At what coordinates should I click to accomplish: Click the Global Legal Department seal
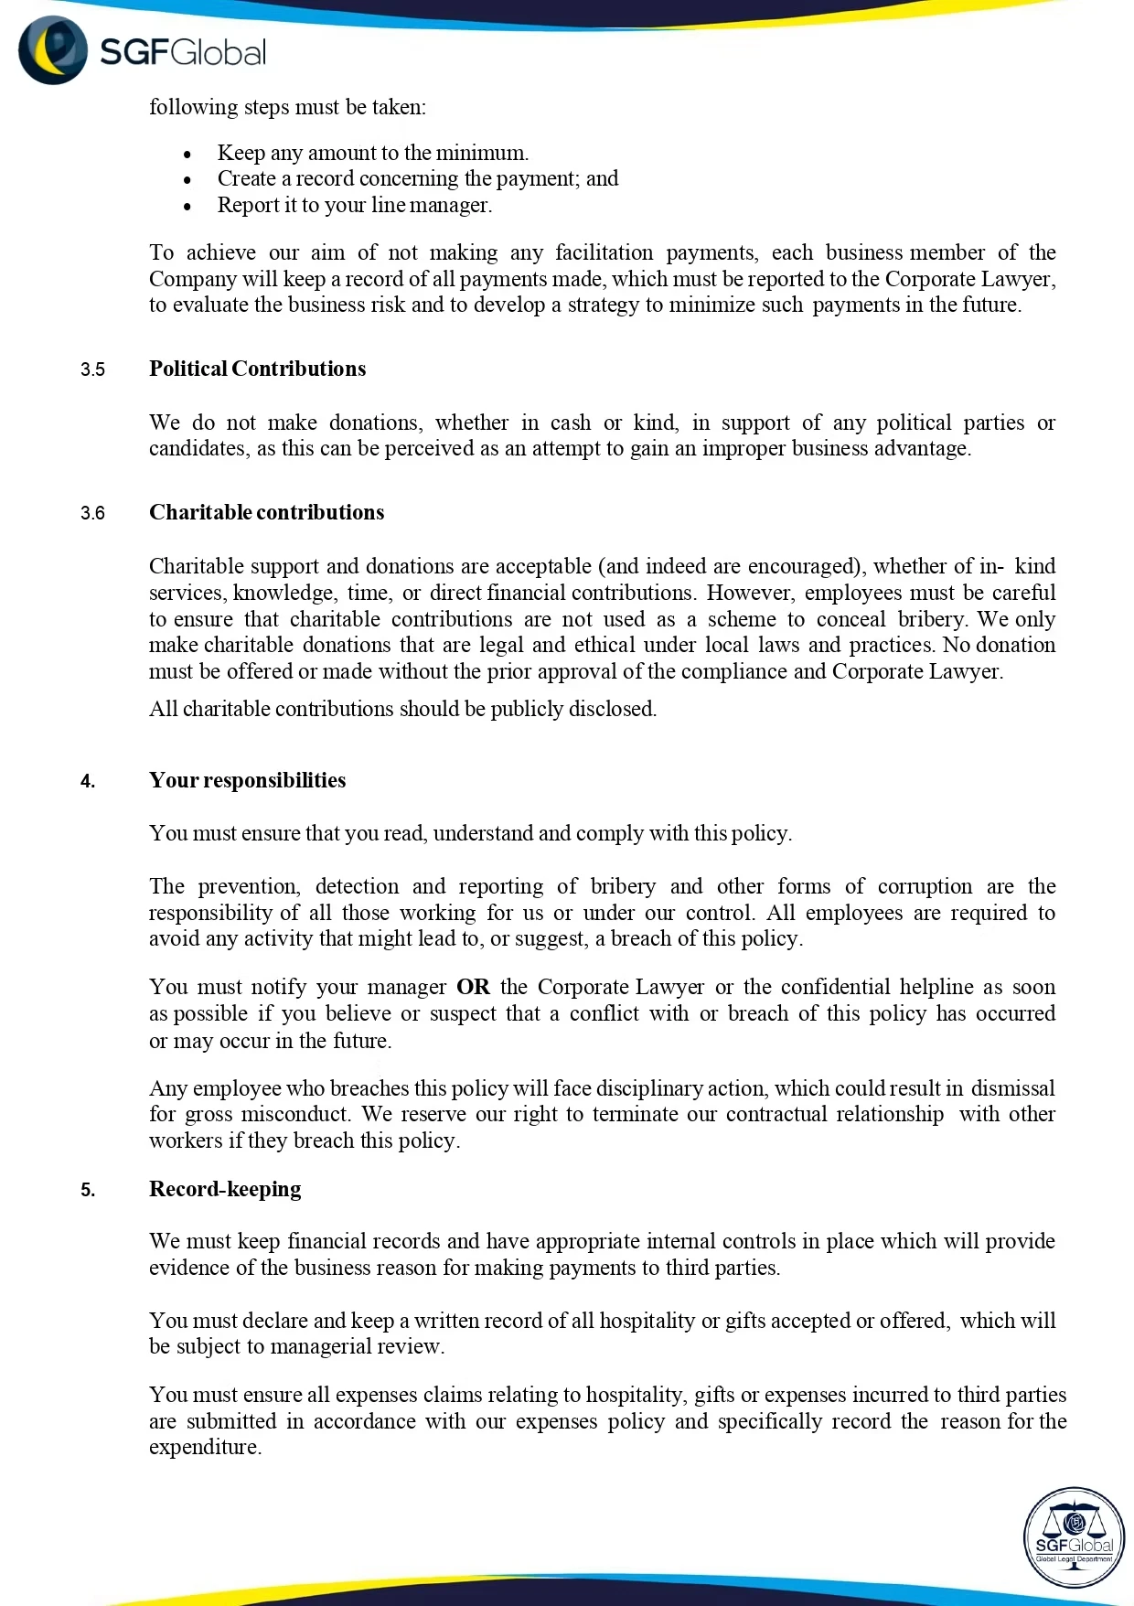1074,1537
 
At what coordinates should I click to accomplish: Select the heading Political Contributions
257,369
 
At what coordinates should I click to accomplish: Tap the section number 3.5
92,369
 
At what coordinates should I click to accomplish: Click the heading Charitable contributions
266,512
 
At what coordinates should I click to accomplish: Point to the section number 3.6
92,513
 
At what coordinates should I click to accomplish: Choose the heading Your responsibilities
247,780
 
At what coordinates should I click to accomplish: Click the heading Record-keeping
225,1189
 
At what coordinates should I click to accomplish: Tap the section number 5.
87,1190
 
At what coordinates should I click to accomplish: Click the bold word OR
473,987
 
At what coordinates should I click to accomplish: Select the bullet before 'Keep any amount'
187,155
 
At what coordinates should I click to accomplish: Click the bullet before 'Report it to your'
187,207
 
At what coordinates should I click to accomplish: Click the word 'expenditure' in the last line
204,1447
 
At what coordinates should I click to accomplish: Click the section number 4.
87,781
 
